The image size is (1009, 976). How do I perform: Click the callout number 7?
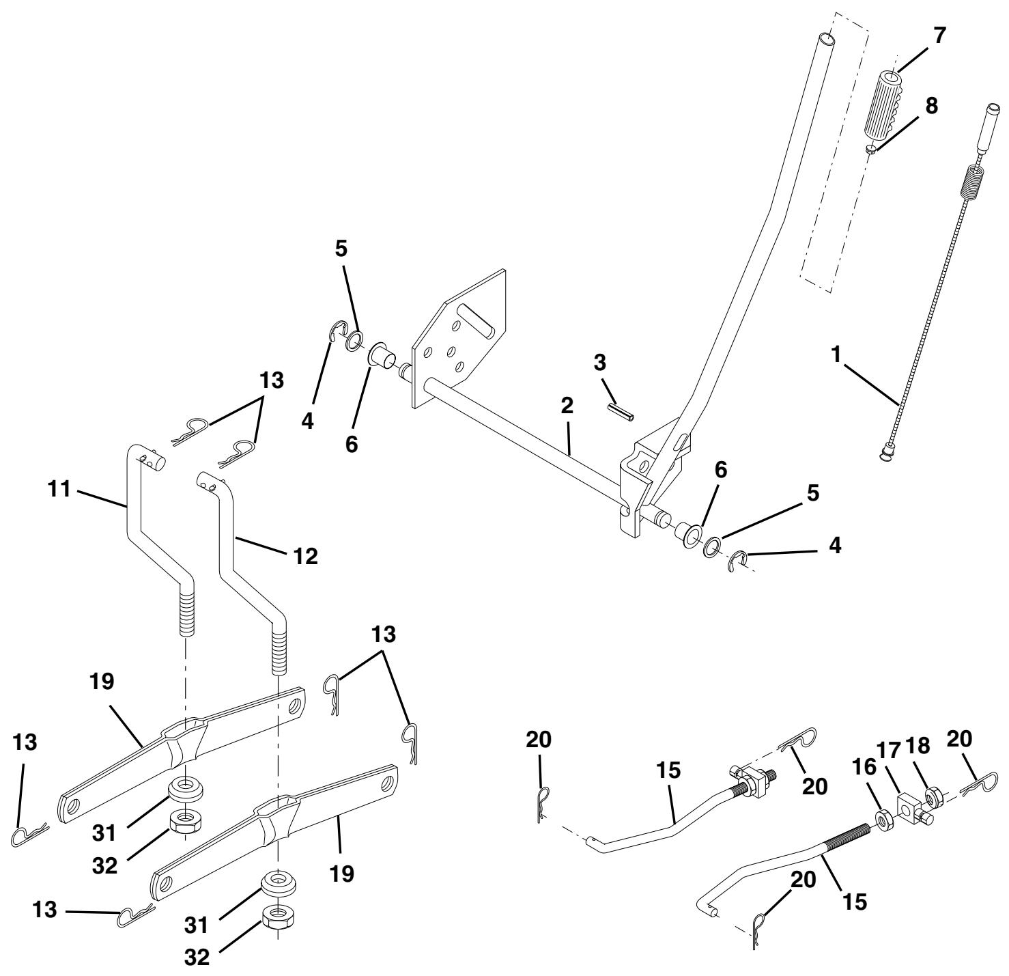[940, 36]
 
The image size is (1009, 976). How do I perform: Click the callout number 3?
[599, 363]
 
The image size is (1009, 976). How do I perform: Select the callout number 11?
[61, 490]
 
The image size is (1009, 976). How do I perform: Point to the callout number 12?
[305, 556]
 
